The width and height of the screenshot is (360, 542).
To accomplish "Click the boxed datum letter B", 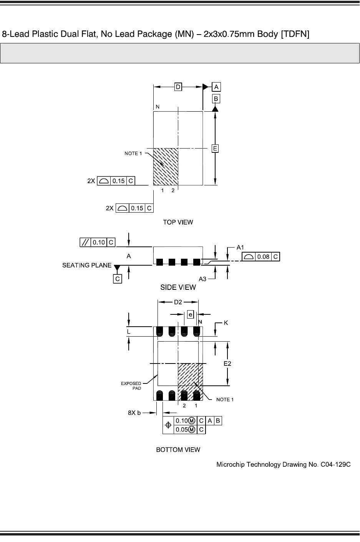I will tap(216, 99).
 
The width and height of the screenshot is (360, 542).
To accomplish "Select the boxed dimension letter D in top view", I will tap(178, 87).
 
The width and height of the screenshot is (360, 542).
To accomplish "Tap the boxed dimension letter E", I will tap(216, 148).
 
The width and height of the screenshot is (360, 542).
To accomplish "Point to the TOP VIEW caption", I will tap(178, 222).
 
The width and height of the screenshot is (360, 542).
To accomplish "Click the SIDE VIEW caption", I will tap(178, 287).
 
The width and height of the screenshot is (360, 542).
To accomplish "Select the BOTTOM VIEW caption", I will tap(178, 449).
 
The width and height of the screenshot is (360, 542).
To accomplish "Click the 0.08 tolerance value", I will tap(263, 256).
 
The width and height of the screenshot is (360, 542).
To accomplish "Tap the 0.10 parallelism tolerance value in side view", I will tap(99, 242).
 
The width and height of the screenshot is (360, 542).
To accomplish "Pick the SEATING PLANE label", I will tap(87, 265).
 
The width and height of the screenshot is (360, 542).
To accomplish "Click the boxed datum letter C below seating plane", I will tap(118, 279).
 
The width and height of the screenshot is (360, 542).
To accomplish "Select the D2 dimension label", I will tap(178, 302).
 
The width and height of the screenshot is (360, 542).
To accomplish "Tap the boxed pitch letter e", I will tap(191, 314).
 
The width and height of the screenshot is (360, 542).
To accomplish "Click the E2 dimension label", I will tap(227, 363).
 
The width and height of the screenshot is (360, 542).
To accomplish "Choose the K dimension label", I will tap(226, 323).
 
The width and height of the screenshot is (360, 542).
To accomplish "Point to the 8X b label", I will tap(134, 413).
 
